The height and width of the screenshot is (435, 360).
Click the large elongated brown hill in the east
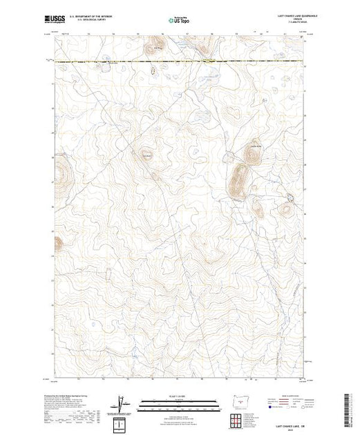pyautogui.click(x=240, y=179)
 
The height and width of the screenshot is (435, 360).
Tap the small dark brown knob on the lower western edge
pyautogui.click(x=59, y=242)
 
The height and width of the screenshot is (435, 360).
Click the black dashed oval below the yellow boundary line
pyautogui.click(x=153, y=68)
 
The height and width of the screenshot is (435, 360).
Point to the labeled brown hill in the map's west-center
pyautogui.click(x=146, y=156)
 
